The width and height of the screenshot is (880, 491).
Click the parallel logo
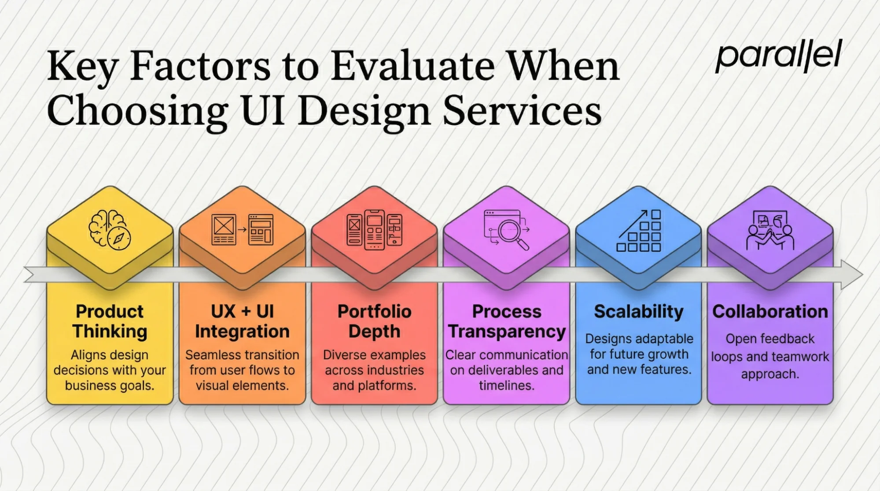coord(778,56)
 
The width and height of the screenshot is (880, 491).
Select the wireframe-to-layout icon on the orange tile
coord(242,229)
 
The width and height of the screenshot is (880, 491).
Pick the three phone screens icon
coord(374,230)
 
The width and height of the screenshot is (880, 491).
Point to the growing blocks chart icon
coord(639,231)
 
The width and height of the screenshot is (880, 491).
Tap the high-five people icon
coord(770,231)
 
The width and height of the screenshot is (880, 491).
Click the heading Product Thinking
coord(110,321)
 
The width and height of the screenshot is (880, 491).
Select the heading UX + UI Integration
coord(242,321)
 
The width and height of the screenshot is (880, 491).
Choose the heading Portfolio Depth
coord(374,321)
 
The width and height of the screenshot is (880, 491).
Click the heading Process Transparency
coord(507,321)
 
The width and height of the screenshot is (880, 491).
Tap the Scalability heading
coord(639,311)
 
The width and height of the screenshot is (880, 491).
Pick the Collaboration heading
coord(770,311)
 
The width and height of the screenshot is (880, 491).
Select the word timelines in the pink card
coord(506,385)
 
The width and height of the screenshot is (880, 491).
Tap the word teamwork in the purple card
coord(798,356)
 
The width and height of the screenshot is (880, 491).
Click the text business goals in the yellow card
coord(110,385)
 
